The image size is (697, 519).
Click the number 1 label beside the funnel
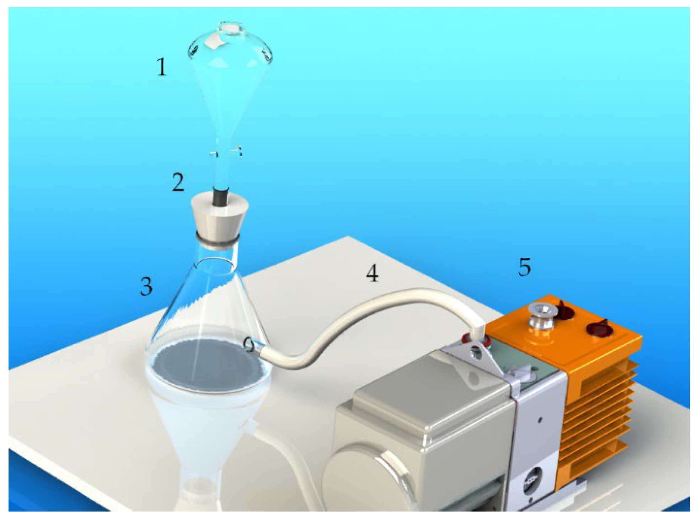(x=162, y=67)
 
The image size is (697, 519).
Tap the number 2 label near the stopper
(x=178, y=182)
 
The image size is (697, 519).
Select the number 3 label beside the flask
(x=146, y=286)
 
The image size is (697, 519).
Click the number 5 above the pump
(x=524, y=267)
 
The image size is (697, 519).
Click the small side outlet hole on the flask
(x=250, y=344)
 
